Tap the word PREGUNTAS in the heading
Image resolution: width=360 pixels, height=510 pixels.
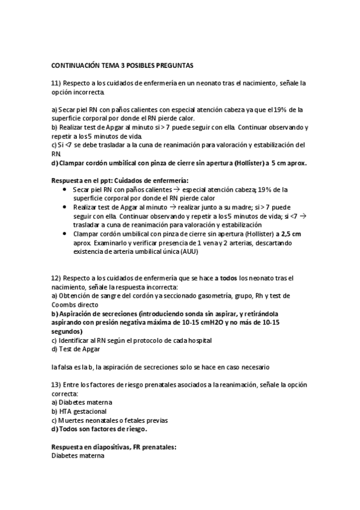[172, 64]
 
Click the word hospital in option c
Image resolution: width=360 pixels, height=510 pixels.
[198, 340]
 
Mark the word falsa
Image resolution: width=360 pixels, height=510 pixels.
[66, 366]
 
